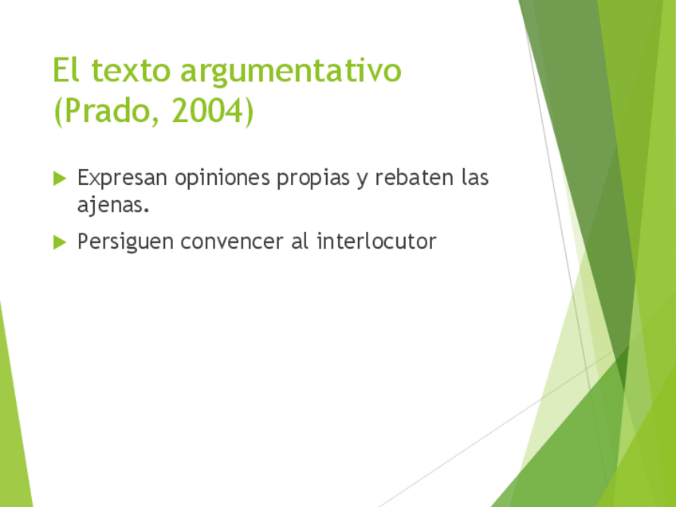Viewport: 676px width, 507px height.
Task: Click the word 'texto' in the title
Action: (x=131, y=71)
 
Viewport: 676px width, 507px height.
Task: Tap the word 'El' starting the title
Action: (x=66, y=70)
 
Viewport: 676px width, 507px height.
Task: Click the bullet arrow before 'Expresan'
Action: (x=60, y=178)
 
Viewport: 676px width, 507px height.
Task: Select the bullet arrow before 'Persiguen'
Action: (x=60, y=242)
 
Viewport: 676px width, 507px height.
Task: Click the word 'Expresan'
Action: (x=122, y=179)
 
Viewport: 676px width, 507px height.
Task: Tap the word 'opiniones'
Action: (x=222, y=179)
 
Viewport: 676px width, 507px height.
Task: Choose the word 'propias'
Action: (x=313, y=179)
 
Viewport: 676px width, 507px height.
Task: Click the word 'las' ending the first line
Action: (x=474, y=178)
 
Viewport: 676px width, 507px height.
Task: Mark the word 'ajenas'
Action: (x=111, y=205)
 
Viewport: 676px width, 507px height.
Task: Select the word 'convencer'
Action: (x=231, y=242)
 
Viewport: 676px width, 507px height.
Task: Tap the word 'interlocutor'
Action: (x=376, y=242)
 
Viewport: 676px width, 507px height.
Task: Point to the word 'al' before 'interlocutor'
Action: (x=300, y=242)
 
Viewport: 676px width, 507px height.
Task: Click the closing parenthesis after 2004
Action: (x=249, y=112)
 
